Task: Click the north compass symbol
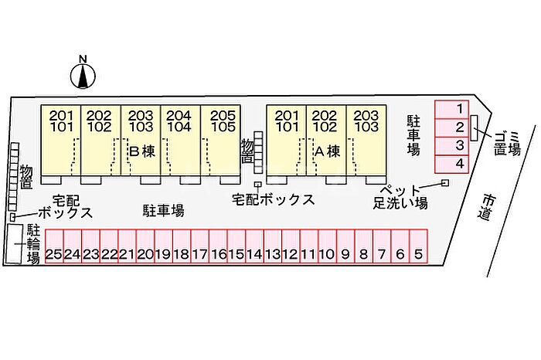click(83, 74)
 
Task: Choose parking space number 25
click(54, 253)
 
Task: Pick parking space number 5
click(418, 253)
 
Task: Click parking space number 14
click(254, 253)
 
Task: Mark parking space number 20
click(145, 253)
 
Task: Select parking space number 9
click(345, 253)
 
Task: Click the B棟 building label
click(142, 151)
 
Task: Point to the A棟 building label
click(328, 151)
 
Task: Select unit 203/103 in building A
click(366, 121)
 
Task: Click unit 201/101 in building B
click(61, 121)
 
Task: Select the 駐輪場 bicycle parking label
click(33, 244)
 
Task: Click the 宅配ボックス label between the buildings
click(274, 199)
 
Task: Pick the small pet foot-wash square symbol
click(444, 182)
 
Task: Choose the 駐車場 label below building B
click(163, 209)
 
